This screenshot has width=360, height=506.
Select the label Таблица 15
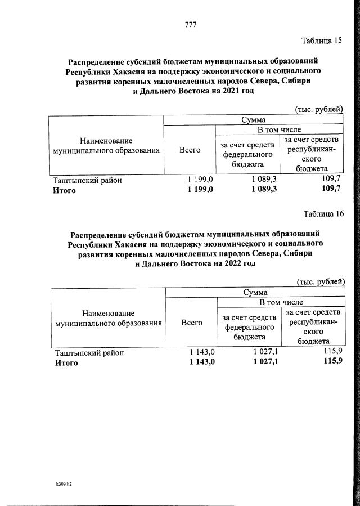coord(322,41)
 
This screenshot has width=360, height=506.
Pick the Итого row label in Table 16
coord(66,363)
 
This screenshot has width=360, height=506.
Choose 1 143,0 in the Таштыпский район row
coord(201,353)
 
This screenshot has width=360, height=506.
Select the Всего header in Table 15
coord(190,150)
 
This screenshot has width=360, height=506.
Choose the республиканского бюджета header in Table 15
coord(311,154)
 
